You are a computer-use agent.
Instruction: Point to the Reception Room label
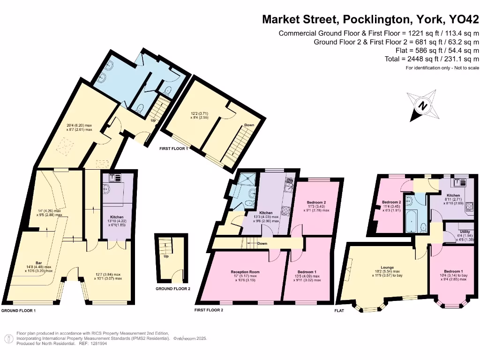[x=245, y=272]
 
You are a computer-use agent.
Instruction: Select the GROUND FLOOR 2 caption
[x=172, y=289]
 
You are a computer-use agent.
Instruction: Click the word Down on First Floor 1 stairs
[x=249, y=125]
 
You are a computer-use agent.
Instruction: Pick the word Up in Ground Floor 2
[x=165, y=256]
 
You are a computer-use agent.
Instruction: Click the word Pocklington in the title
[x=376, y=20]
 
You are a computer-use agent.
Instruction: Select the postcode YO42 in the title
[x=464, y=20]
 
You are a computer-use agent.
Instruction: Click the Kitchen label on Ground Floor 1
[x=117, y=217]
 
